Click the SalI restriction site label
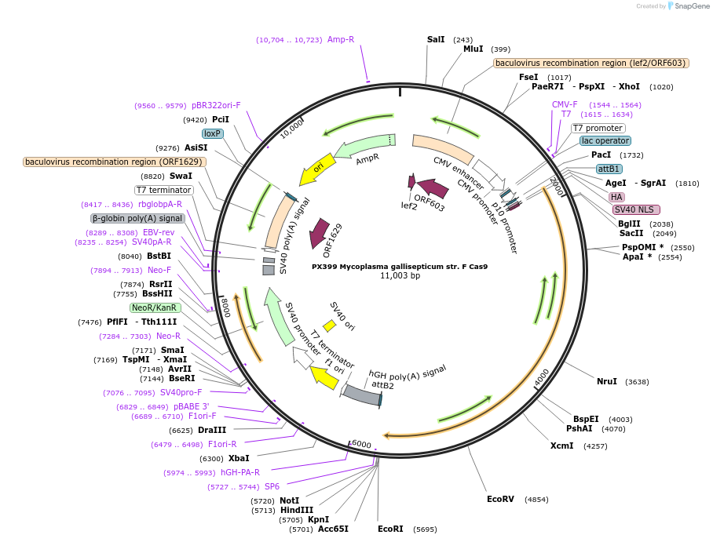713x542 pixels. [x=436, y=39]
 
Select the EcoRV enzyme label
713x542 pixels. [x=500, y=499]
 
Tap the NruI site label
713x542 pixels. [x=607, y=382]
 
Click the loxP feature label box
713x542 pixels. [x=213, y=134]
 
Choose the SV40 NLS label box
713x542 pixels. [x=636, y=209]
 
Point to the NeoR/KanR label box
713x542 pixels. [x=155, y=308]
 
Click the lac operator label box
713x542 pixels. [x=605, y=141]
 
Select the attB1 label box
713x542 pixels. [x=609, y=169]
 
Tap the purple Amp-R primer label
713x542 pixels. [x=341, y=39]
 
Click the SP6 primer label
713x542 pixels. [x=272, y=486]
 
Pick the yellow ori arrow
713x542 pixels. [x=317, y=169]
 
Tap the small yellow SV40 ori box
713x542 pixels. [x=330, y=325]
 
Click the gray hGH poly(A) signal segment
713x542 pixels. [x=362, y=394]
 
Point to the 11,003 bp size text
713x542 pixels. [x=400, y=276]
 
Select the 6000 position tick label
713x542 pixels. [x=361, y=444]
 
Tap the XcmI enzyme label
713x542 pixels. [x=561, y=446]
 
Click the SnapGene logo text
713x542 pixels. [x=690, y=6]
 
